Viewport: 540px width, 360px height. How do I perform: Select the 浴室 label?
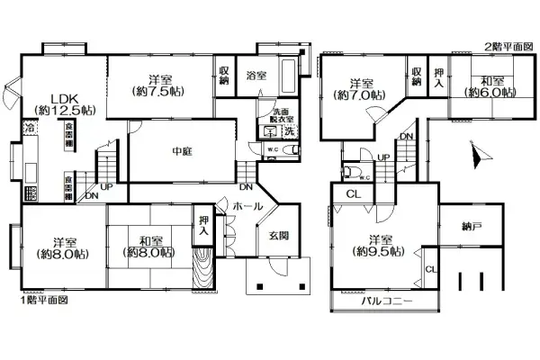(256, 76)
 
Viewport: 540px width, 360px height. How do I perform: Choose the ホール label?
(247, 206)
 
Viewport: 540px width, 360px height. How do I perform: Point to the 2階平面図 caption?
(509, 45)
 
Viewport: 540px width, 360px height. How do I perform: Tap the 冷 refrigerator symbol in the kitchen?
(30, 129)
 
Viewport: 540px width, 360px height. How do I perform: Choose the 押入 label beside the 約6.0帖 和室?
(437, 77)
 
